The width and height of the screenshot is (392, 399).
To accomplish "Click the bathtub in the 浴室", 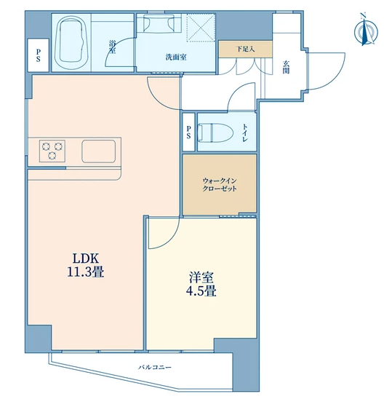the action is [72, 43].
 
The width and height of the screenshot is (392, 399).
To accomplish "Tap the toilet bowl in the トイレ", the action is [215, 133].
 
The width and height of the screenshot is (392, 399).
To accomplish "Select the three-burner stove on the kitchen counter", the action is [52, 151].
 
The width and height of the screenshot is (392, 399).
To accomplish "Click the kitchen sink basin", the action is [99, 151].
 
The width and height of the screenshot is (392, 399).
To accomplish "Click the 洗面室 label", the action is [176, 58].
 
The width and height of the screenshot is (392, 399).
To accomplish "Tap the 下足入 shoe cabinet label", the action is [245, 49].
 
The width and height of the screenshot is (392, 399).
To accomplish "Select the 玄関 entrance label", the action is [287, 67].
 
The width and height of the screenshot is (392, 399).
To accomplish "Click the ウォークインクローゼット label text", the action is [220, 185].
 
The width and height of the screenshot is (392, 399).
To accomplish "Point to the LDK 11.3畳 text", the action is [86, 265].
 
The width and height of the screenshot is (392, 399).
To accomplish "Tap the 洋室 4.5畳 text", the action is [201, 284].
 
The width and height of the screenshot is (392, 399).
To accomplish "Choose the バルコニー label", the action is [155, 367].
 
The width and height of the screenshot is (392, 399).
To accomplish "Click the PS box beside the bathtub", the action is [38, 55].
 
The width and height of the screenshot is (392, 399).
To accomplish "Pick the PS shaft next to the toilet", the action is [188, 132].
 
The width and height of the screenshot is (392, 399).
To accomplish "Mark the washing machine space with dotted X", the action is [201, 28].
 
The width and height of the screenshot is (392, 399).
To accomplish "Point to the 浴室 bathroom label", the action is [112, 47].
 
